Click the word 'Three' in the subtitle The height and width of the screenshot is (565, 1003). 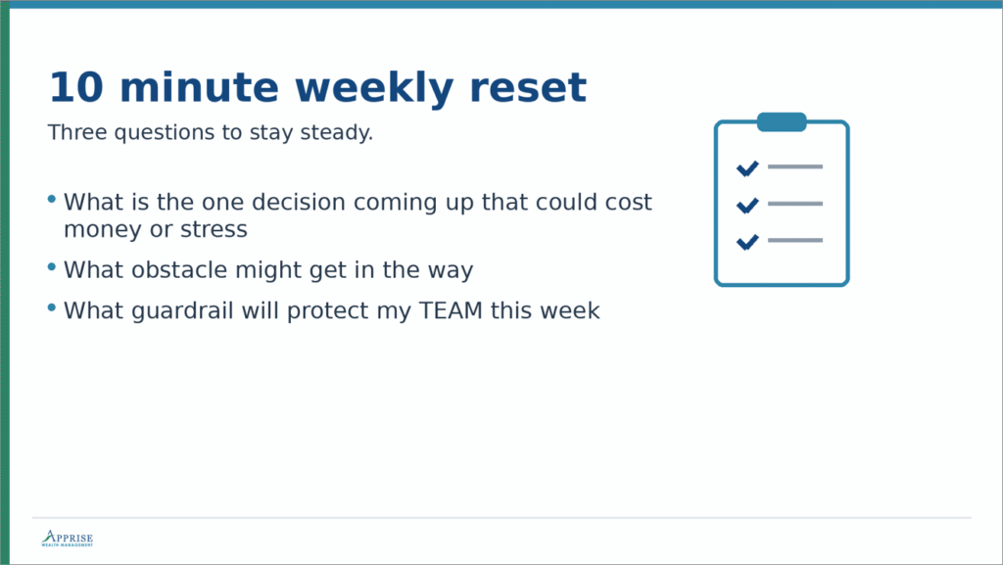[77, 133]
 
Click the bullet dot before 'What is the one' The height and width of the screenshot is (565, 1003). [52, 200]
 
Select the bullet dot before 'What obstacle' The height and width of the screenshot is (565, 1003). [52, 266]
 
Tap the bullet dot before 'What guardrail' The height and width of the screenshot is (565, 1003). [52, 307]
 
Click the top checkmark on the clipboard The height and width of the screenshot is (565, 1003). [747, 168]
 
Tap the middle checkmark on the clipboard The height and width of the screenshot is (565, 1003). [747, 205]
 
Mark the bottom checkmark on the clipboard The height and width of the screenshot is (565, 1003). [747, 241]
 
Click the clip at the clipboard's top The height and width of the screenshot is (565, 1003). [782, 122]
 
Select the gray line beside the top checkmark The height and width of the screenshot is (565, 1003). [795, 166]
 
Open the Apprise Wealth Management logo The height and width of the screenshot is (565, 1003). [67, 539]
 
